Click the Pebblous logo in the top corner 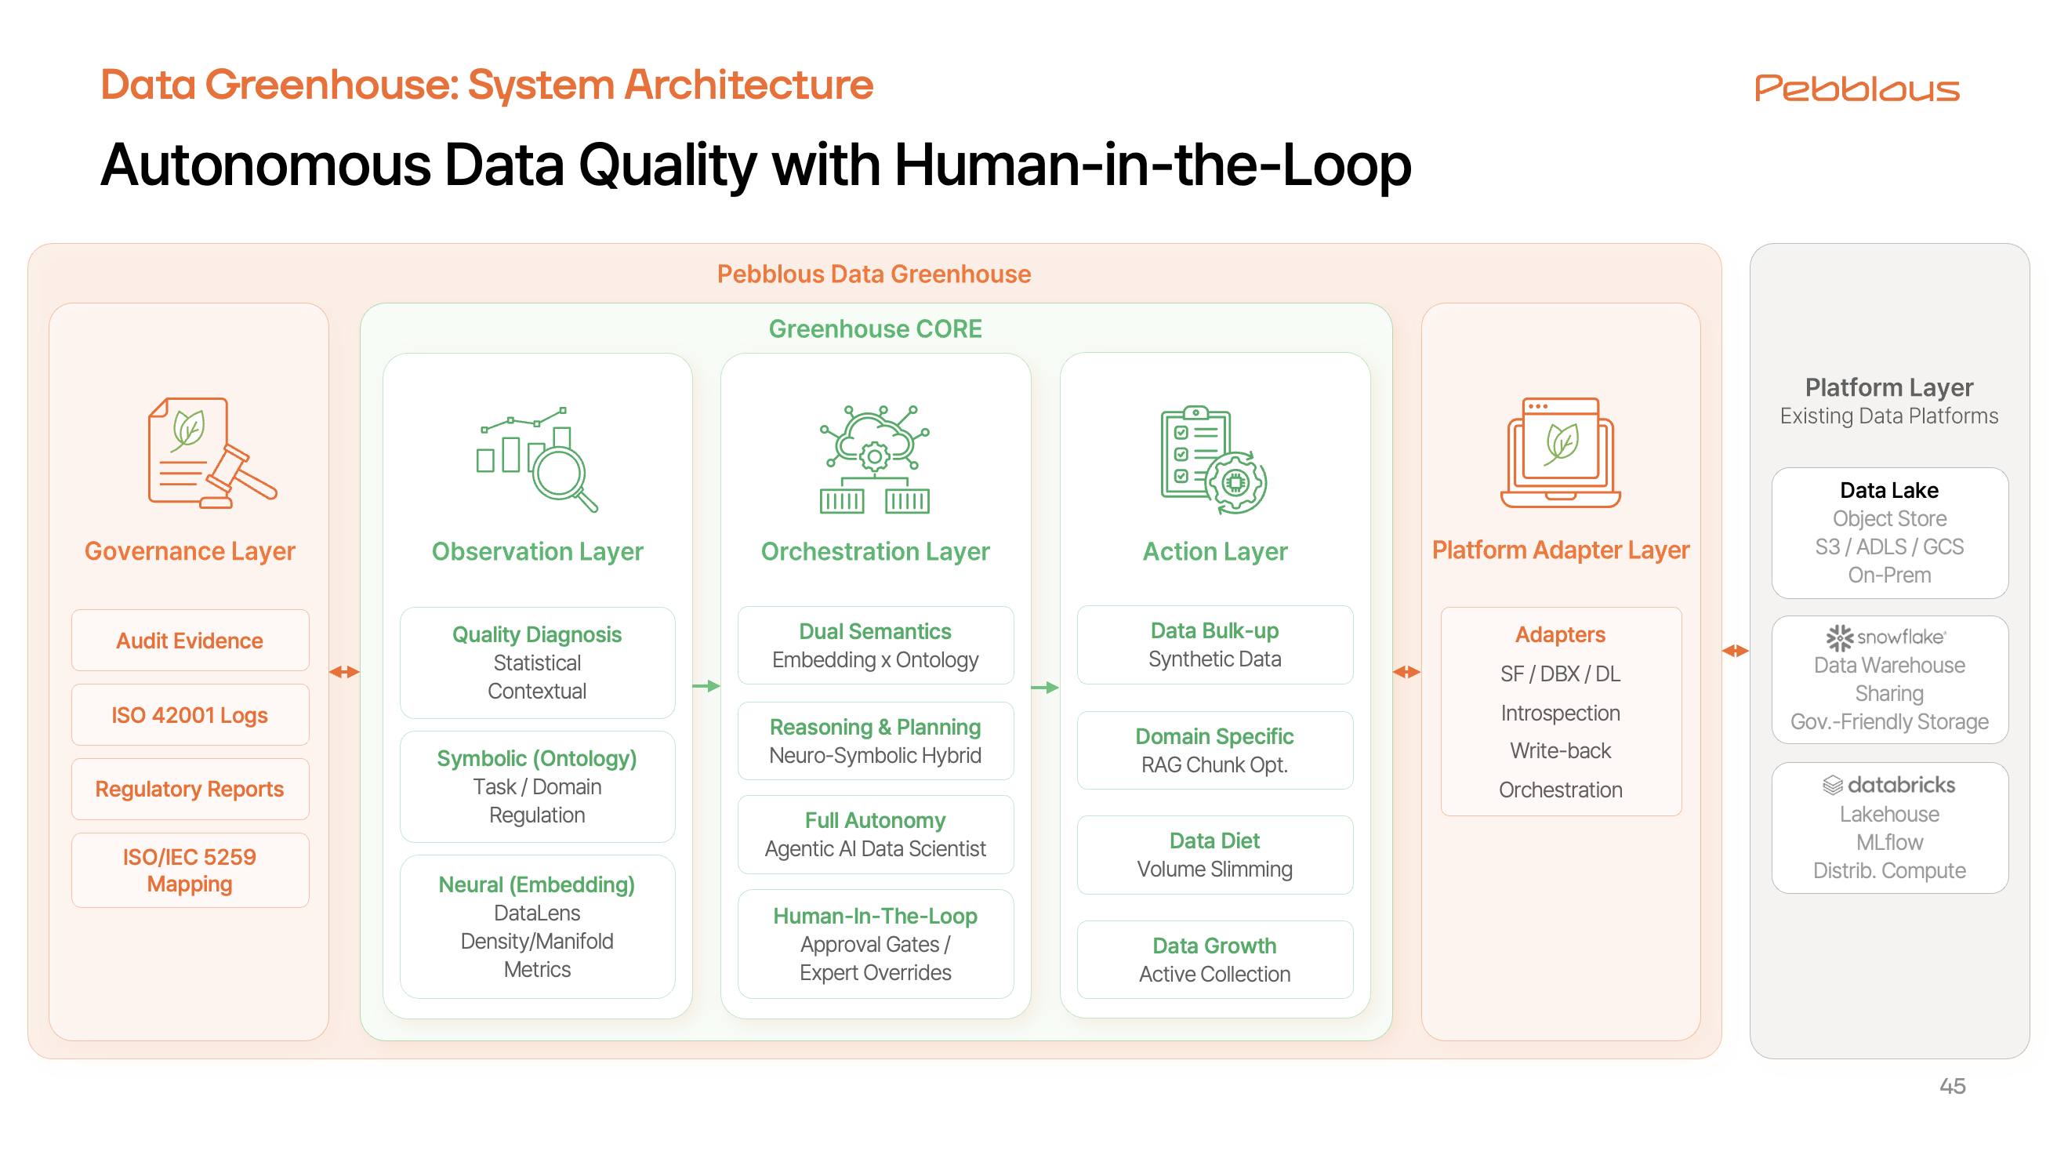1856,88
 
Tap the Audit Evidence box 190,641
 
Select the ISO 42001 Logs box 190,715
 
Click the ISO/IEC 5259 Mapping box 190,870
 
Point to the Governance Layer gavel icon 212,453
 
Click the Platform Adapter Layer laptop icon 1560,453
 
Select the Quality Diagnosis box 538,663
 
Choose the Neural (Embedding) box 538,927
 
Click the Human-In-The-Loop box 875,943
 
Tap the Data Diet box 1214,855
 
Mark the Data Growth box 1214,960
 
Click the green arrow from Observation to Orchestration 706,686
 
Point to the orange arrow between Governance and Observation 344,673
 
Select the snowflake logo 1886,637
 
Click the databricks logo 1889,785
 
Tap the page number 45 1953,1086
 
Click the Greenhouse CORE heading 875,329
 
